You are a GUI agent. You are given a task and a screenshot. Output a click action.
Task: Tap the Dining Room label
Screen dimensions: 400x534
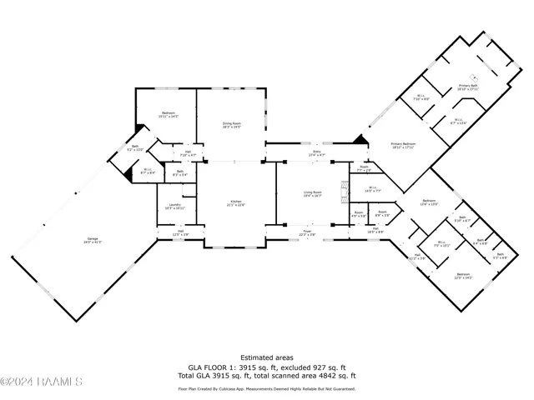[x=231, y=125]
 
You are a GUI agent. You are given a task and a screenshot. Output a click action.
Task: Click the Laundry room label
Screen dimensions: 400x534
[x=174, y=206]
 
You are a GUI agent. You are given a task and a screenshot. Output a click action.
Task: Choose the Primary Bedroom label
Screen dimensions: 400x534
[x=402, y=145]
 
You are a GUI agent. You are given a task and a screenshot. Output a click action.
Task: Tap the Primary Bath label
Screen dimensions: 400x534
[x=467, y=87]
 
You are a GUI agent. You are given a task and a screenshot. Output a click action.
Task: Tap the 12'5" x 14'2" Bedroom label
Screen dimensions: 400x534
[x=461, y=276]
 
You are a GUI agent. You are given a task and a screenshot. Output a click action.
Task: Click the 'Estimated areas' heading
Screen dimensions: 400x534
[x=266, y=357]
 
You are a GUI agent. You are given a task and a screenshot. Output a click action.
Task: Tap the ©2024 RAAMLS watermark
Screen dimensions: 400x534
[x=42, y=382]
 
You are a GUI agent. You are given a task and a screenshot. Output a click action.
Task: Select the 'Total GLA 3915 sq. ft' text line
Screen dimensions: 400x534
[x=266, y=376]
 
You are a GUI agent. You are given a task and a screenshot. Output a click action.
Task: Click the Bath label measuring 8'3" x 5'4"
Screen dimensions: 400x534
[x=179, y=173]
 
